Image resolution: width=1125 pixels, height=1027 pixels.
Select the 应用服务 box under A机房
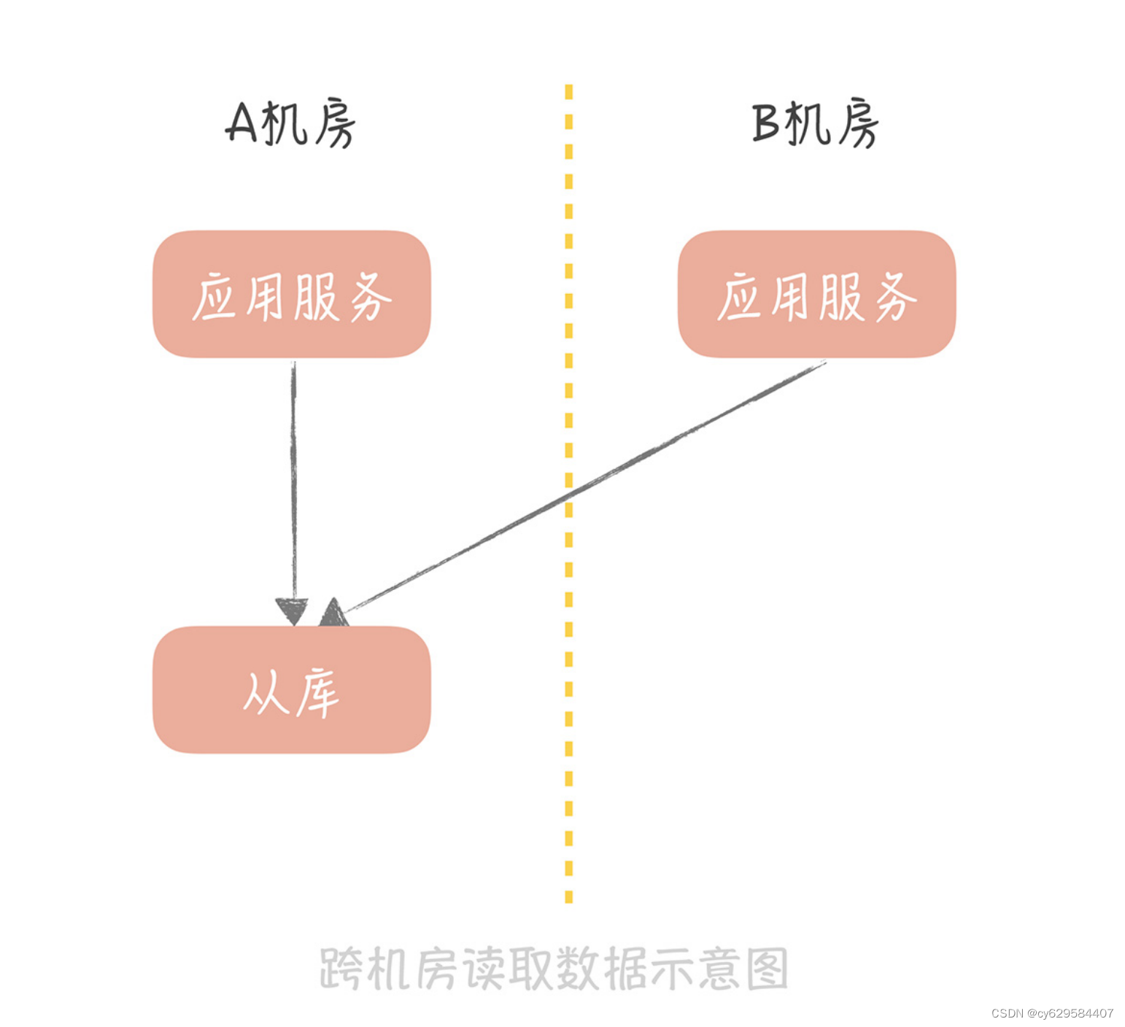[x=291, y=294]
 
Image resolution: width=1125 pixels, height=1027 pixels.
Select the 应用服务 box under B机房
[x=816, y=294]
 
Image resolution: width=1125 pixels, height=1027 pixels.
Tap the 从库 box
[x=291, y=690]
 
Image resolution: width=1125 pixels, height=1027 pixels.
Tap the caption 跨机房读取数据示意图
[x=554, y=969]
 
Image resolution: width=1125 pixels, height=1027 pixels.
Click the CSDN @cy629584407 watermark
[x=1052, y=1013]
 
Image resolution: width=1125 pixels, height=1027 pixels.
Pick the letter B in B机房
[x=767, y=123]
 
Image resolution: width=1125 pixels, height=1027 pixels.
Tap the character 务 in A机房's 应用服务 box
[x=371, y=297]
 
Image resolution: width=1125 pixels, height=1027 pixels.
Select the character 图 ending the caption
[x=767, y=969]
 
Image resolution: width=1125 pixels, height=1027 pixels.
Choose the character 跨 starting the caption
[x=341, y=969]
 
